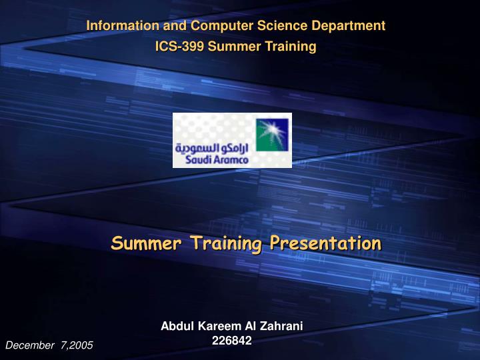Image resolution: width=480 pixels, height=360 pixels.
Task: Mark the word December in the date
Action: tap(29, 345)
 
